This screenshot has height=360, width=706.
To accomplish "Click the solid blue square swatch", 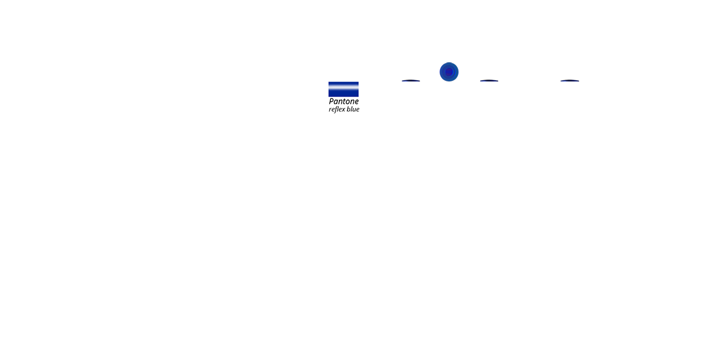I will [x=343, y=69].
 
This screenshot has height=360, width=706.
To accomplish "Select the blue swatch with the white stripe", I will [x=343, y=89].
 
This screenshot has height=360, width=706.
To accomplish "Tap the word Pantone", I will [x=343, y=102].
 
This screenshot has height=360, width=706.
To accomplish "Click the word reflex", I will [x=337, y=110].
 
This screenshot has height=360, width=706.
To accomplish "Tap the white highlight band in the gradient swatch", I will [x=343, y=89].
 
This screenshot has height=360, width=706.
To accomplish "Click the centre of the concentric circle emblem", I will [x=449, y=72].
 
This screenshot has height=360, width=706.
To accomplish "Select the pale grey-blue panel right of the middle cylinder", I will [x=513, y=97].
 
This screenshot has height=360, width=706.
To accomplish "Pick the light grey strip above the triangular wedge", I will [x=391, y=71].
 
